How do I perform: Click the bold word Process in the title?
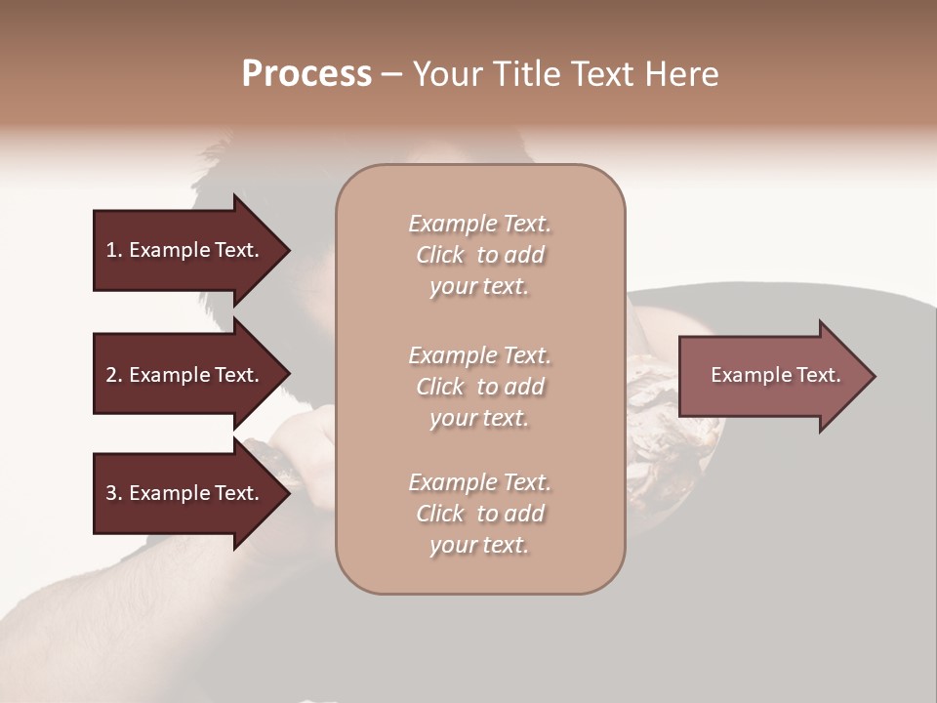coord(306,73)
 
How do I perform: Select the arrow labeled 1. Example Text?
coord(185,250)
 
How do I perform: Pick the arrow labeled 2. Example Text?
coord(185,375)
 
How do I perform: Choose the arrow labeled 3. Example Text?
coord(185,493)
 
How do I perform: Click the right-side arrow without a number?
coord(771,375)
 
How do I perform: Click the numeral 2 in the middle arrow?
coord(111,375)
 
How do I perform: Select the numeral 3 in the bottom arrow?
coord(111,493)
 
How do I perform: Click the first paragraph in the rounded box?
coord(480,255)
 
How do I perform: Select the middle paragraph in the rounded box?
coord(480,387)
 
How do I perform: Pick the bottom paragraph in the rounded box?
coord(480,514)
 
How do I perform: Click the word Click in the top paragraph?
coord(440,255)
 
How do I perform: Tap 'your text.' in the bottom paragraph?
coord(479,545)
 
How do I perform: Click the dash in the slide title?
coord(391,74)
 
